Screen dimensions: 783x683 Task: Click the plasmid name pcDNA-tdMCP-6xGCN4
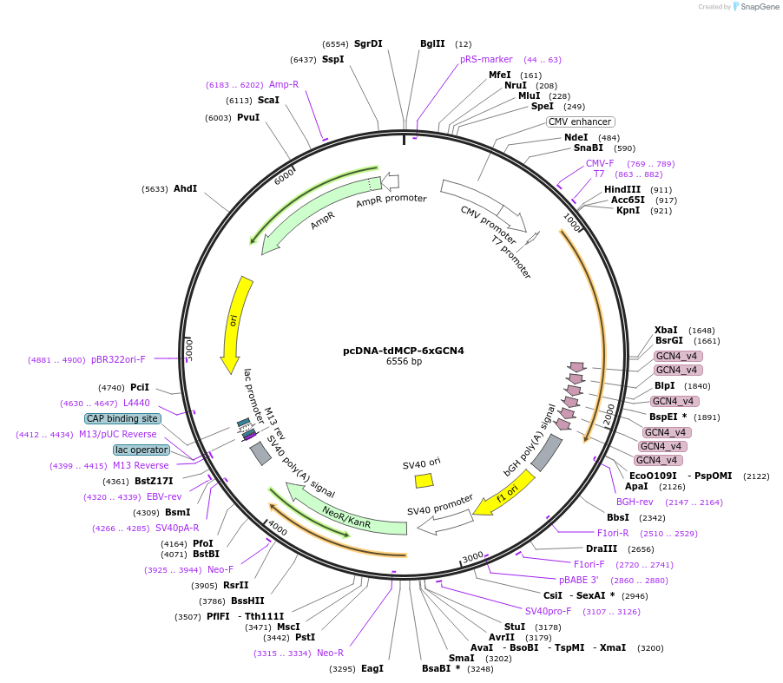tap(403, 351)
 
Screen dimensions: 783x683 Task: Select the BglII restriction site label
tap(432, 43)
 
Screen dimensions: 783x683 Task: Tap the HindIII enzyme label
tap(622, 189)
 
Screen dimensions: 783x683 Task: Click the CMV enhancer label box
tap(580, 121)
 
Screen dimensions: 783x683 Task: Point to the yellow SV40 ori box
tap(424, 480)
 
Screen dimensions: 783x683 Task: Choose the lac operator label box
tap(141, 450)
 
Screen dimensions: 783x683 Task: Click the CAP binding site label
tap(122, 418)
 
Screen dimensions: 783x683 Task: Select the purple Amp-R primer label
tap(284, 84)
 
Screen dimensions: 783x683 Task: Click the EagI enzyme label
tap(372, 668)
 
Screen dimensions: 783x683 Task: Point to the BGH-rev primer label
tap(635, 502)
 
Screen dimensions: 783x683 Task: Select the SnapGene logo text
tap(759, 7)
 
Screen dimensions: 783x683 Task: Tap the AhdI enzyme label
tap(185, 188)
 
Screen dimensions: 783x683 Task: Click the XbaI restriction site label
tap(666, 331)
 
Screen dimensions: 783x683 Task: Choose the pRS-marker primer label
tap(486, 59)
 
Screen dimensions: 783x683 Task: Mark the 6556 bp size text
tap(404, 362)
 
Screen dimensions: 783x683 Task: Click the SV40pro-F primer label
tap(548, 611)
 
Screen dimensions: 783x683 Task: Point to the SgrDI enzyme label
tap(368, 43)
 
